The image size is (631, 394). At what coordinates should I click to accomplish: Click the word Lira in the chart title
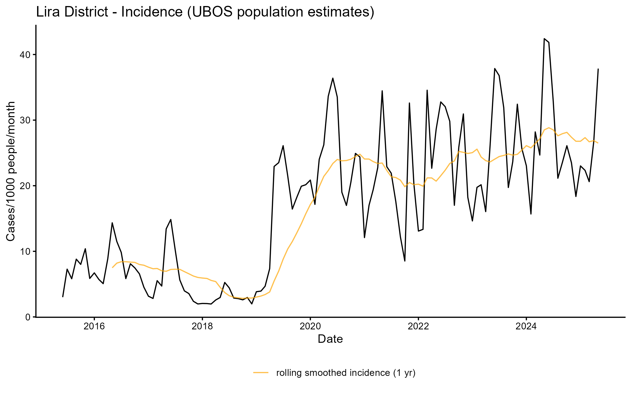[x=46, y=12]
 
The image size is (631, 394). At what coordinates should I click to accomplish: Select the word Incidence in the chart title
[x=152, y=12]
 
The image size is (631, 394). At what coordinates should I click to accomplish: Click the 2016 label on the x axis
[x=94, y=326]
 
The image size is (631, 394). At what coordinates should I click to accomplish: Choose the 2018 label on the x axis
[x=202, y=326]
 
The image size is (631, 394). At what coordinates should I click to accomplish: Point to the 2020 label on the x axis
[x=310, y=326]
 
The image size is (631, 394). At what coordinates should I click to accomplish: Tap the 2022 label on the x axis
[x=418, y=326]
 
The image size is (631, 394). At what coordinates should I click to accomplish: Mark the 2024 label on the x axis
[x=526, y=326]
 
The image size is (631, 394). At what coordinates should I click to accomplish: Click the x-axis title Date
[x=330, y=339]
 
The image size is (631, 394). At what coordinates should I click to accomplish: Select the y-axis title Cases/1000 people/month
[x=11, y=171]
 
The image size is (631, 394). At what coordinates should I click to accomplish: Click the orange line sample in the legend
[x=261, y=372]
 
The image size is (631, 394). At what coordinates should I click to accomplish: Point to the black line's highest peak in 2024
[x=544, y=39]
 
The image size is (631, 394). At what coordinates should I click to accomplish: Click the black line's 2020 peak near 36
[x=333, y=78]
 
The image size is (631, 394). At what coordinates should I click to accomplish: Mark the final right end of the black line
[x=598, y=69]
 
